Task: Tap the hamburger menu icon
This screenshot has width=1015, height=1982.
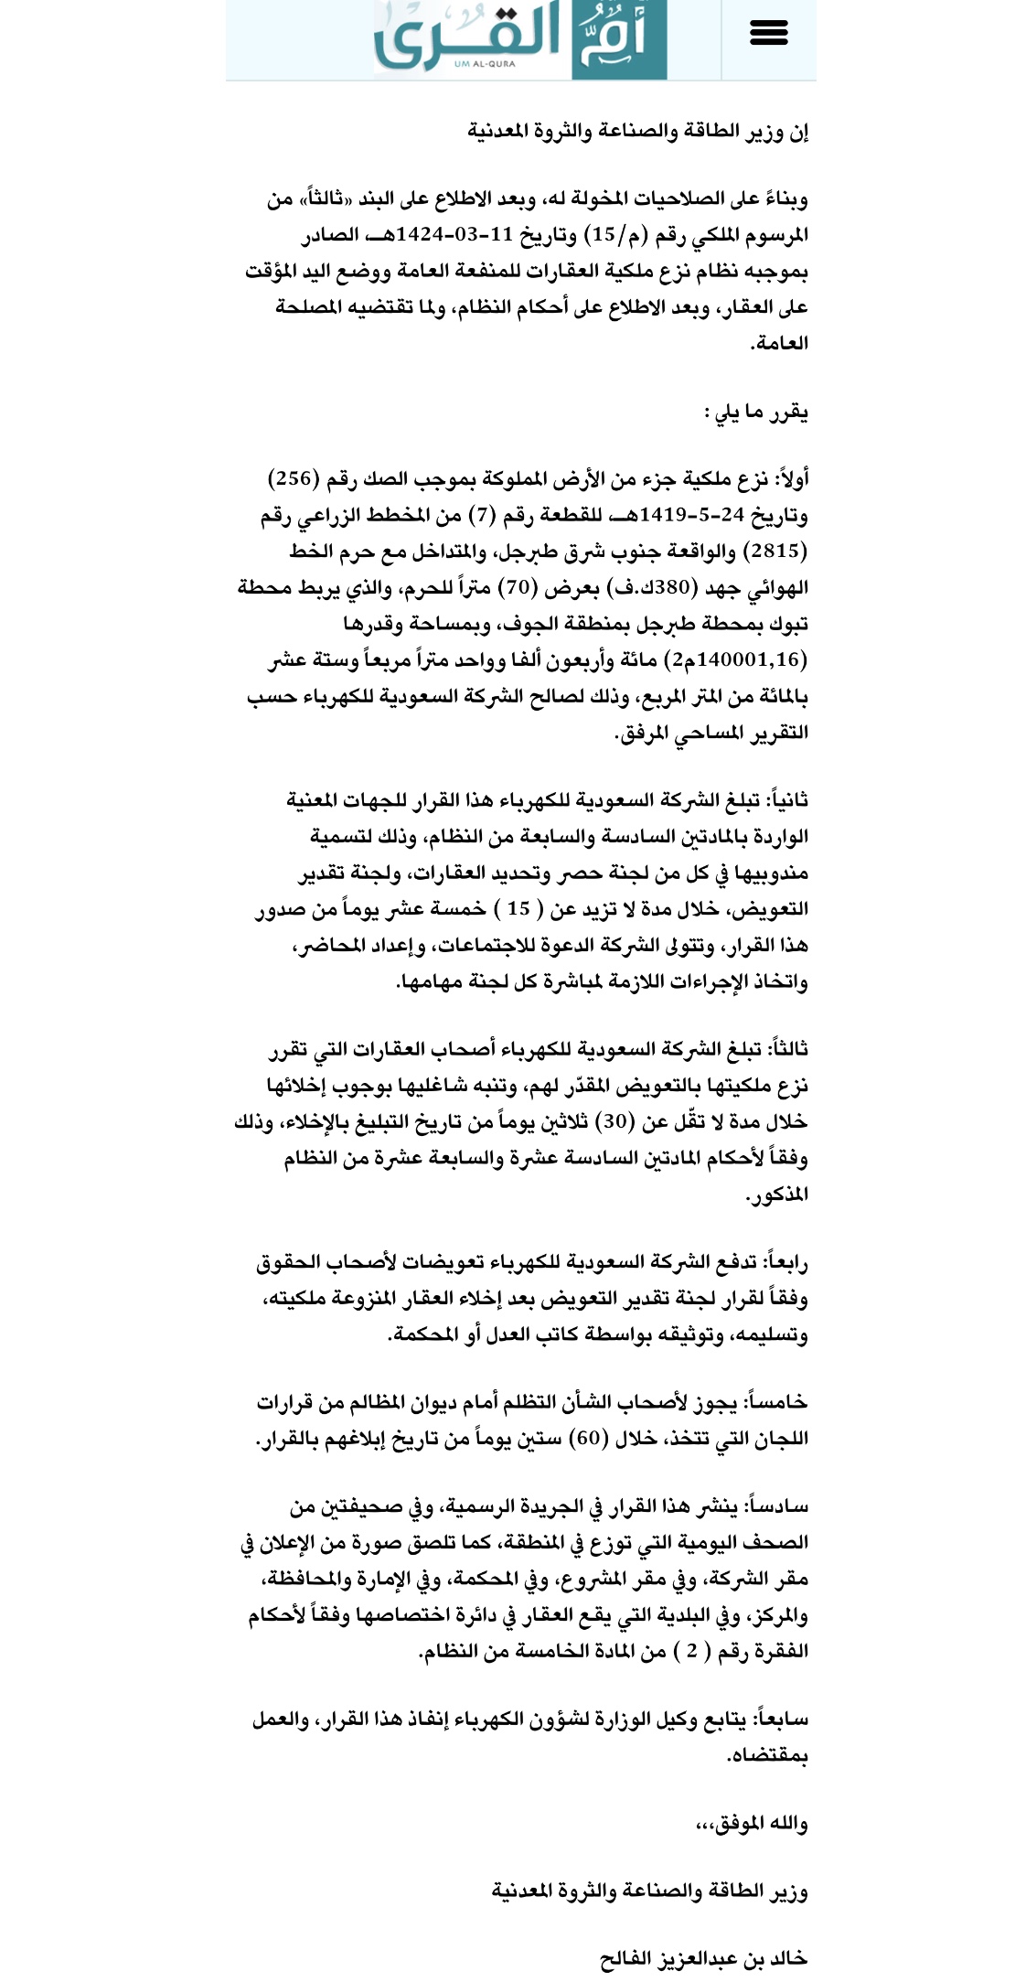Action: [x=768, y=34]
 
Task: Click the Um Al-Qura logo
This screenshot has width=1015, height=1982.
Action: [x=519, y=38]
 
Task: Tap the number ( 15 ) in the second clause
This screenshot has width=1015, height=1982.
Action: [x=518, y=909]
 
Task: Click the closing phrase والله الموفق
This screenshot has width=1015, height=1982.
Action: [x=752, y=1825]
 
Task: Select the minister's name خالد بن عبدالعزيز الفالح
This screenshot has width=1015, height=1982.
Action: [x=703, y=1958]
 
